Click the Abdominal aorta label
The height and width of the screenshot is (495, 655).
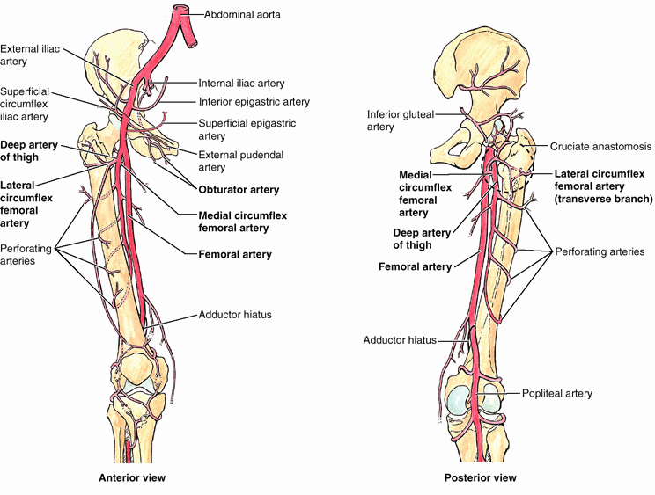[x=249, y=15]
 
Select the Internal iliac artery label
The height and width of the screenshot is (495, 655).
[x=241, y=84]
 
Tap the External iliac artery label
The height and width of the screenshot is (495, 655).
[x=27, y=55]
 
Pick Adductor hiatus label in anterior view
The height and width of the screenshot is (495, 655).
[x=235, y=314]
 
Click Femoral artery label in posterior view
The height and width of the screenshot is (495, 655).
[x=415, y=266]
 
